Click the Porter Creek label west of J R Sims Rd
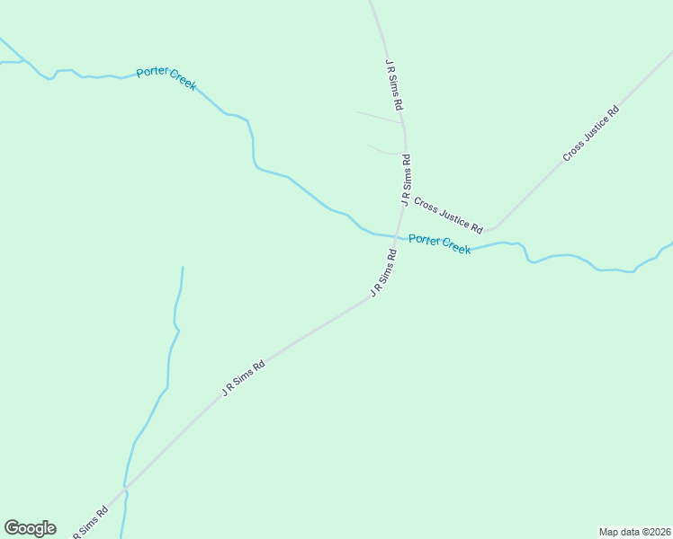coord(166,78)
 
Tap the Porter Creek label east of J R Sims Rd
coord(439,243)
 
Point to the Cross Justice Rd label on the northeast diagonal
coord(591,135)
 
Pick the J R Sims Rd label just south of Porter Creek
coord(383,273)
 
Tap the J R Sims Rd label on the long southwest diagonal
coord(243,379)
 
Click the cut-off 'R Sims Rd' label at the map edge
coord(90,524)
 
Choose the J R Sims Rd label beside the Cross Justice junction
coord(406,181)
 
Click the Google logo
coord(30,528)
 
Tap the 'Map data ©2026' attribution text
coord(634,531)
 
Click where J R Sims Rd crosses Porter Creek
coord(397,238)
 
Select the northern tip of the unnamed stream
coord(183,267)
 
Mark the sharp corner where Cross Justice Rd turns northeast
coord(493,227)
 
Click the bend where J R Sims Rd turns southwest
coord(370,298)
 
